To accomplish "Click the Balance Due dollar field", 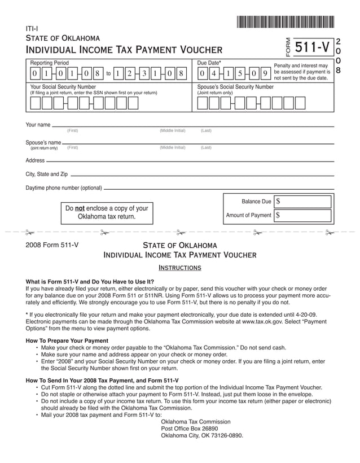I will pyautogui.click(x=302, y=202).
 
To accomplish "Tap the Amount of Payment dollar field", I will pyautogui.click(x=302, y=215).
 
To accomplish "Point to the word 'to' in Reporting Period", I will pyautogui.click(x=108, y=73).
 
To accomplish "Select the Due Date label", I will pyautogui.click(x=209, y=62).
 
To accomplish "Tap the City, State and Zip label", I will pyautogui.click(x=47, y=174).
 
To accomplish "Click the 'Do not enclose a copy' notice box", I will pyautogui.click(x=107, y=212).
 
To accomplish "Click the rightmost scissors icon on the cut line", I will pyautogui.click(x=330, y=232).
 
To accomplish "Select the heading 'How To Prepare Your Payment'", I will pyautogui.click(x=67, y=340).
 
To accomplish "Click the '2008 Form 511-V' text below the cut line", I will pyautogui.click(x=52, y=245).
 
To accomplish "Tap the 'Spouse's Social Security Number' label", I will pyautogui.click(x=235, y=87).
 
